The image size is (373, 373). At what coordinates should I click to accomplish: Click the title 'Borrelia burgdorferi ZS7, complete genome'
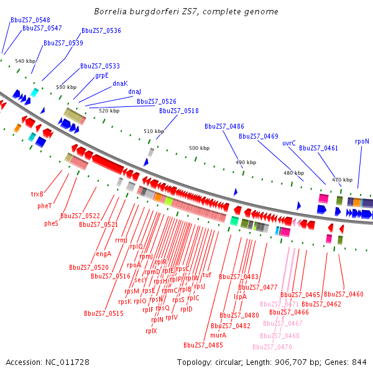(x=186, y=12)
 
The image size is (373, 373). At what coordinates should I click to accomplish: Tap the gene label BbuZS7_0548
(x=30, y=20)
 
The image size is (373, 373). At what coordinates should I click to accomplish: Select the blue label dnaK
(x=120, y=83)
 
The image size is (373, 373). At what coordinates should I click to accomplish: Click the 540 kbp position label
(x=25, y=61)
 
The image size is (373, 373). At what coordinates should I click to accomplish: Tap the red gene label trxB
(x=37, y=194)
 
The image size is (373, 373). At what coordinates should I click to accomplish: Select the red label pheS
(x=51, y=223)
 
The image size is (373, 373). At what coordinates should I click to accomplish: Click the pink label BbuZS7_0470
(x=272, y=347)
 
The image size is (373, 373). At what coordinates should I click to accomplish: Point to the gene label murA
(x=218, y=334)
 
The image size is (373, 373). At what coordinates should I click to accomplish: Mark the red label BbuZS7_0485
(x=203, y=345)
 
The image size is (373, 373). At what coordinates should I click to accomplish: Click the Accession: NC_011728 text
(x=47, y=362)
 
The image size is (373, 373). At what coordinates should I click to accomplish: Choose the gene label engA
(x=104, y=254)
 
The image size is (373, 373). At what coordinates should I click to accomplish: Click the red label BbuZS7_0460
(x=343, y=294)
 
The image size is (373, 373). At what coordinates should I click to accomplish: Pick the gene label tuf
(x=207, y=274)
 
